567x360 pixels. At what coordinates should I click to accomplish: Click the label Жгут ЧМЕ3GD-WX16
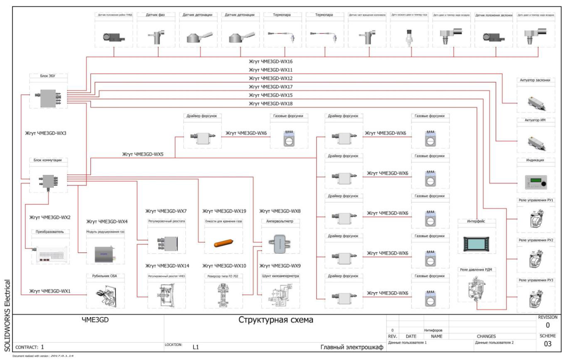pos(271,61)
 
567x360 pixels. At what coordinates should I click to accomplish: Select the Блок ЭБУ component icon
pos(48,97)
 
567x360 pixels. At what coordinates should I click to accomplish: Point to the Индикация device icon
pos(536,182)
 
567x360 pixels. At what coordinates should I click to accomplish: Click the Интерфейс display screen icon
pos(476,244)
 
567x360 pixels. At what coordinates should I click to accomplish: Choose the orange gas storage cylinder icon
pos(223,243)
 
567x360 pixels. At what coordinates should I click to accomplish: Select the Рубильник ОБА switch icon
pos(105,297)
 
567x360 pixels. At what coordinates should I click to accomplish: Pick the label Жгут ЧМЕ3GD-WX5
pos(143,154)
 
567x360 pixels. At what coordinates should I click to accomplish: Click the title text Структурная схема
pos(275,320)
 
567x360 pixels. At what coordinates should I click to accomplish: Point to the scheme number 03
pos(547,344)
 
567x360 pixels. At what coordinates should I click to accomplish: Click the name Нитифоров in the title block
pos(433,330)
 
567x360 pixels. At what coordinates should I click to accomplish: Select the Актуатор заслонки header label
pos(535,80)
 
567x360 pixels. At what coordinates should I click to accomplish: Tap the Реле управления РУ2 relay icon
pos(536,259)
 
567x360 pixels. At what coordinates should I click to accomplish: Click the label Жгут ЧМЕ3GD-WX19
pos(224,211)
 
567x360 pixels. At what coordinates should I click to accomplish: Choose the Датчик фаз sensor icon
pos(156,37)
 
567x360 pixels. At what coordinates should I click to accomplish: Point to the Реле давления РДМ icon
pos(476,288)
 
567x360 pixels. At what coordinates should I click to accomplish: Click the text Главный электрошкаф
pos(352,347)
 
